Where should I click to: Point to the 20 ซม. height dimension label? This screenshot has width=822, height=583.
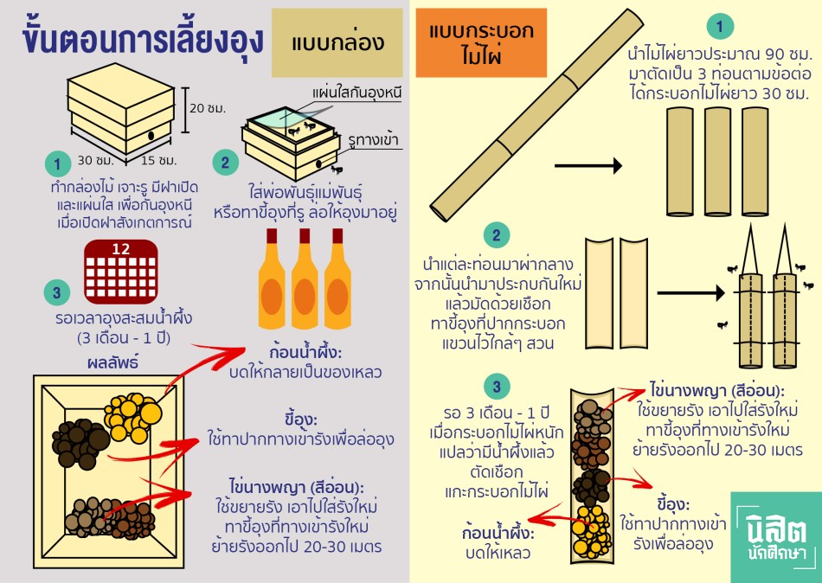(208, 108)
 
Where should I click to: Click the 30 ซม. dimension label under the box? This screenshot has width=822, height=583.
(92, 161)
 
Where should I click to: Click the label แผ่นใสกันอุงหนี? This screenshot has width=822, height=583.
(356, 92)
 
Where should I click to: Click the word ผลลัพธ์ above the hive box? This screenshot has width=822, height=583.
(112, 361)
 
